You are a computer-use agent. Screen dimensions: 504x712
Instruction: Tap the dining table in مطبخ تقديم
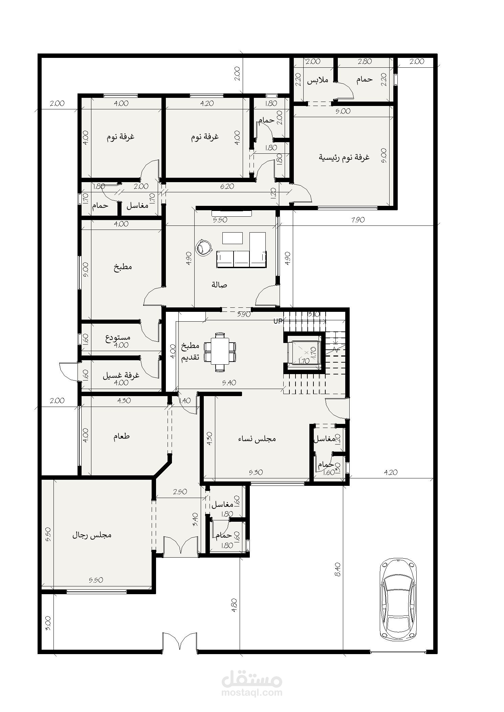tap(220, 352)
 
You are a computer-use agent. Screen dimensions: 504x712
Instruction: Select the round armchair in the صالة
tap(204, 247)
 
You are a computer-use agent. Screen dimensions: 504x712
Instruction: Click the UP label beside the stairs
tap(278, 321)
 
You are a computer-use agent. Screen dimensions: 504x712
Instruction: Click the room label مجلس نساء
tap(257, 439)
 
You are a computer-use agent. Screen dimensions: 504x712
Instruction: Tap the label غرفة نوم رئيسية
tap(344, 157)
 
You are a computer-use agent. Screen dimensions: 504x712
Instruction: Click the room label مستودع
tap(118, 338)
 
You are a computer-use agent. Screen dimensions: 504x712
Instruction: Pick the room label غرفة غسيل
tap(121, 375)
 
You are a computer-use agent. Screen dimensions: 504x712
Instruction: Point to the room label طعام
tap(122, 436)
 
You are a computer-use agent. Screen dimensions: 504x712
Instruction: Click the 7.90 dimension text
tap(358, 220)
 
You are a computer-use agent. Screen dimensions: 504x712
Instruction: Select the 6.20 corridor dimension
tap(227, 186)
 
